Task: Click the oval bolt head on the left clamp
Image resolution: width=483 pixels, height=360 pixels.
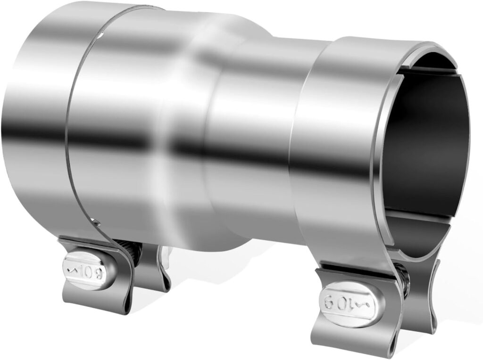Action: [x=89, y=270]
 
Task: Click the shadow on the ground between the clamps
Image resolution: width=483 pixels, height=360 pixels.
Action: [x=236, y=283]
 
